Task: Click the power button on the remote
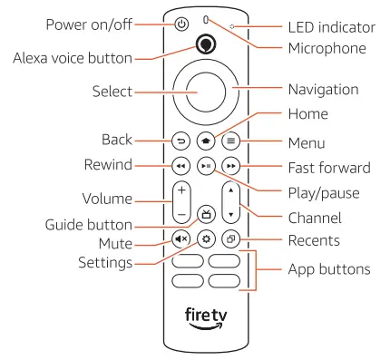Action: click(181, 24)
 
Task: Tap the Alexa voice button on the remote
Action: click(206, 45)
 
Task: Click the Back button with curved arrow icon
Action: click(181, 141)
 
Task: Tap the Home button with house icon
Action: click(206, 141)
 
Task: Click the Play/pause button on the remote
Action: click(206, 167)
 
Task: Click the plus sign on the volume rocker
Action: click(181, 191)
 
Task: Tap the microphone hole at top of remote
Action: click(206, 19)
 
